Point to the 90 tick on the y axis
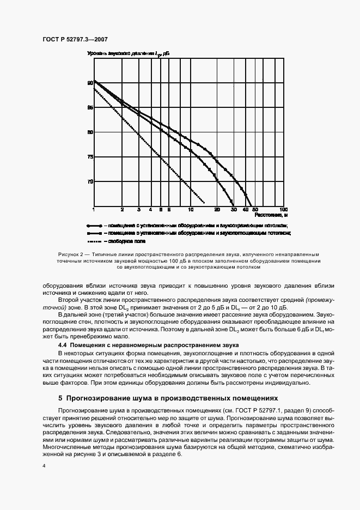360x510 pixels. [90, 83]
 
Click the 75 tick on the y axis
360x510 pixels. [90, 157]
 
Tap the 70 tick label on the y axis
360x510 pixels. [90, 181]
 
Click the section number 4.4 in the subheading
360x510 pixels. [63, 346]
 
